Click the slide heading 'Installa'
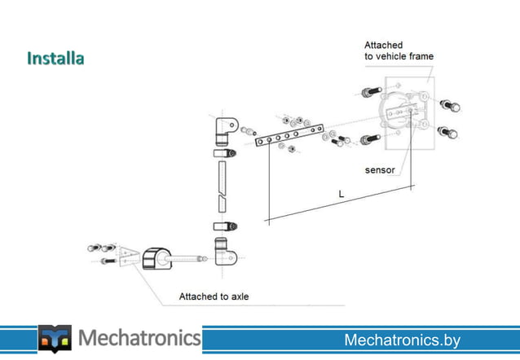(55, 59)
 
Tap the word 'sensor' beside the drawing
(379, 170)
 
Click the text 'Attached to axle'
(214, 296)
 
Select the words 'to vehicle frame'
(399, 56)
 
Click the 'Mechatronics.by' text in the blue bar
(402, 340)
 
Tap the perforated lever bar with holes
(289, 136)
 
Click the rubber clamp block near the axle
(157, 260)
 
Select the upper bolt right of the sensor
(448, 105)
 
